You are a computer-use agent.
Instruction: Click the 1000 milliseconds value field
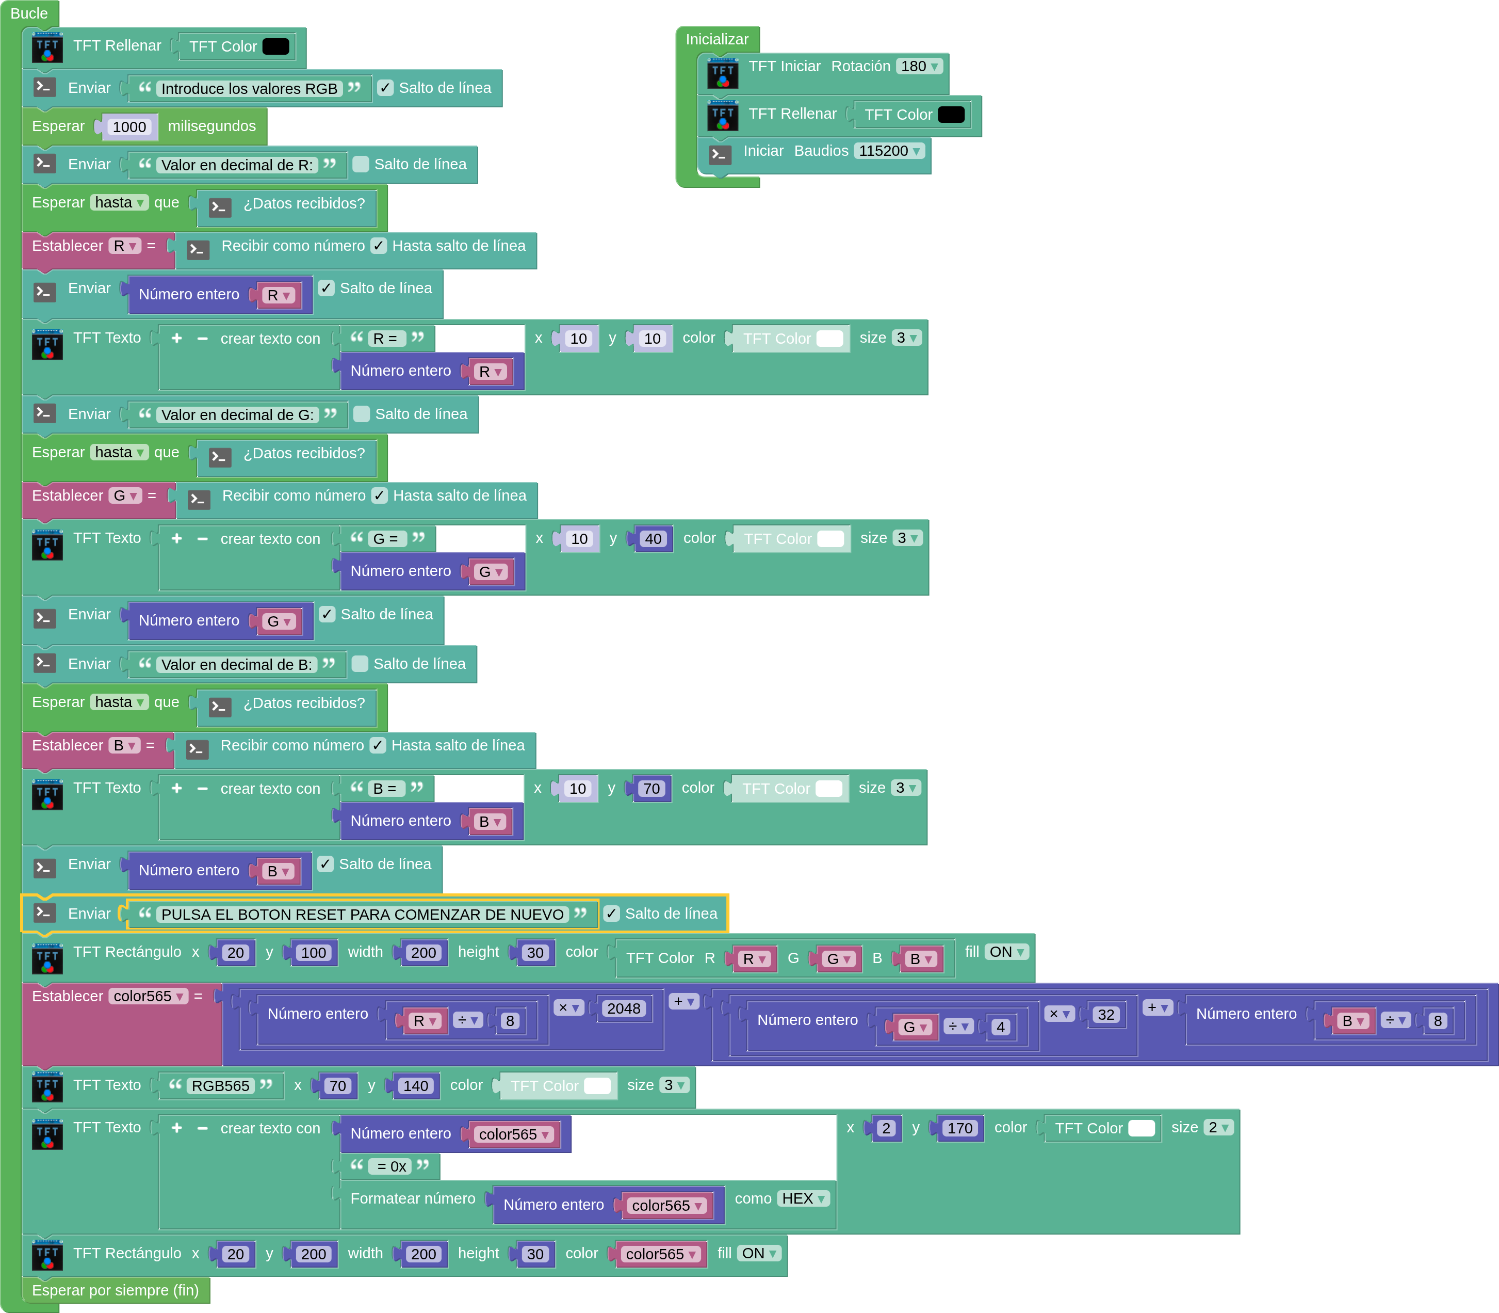click(129, 127)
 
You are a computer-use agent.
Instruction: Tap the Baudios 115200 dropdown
click(889, 151)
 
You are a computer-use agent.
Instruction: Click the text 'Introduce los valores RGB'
click(249, 89)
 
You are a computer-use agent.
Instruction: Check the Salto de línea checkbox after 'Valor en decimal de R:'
click(360, 164)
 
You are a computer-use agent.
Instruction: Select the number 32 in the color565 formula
click(1105, 1015)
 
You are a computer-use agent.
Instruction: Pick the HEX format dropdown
click(803, 1199)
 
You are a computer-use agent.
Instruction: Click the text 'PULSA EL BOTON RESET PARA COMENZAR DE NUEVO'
click(363, 915)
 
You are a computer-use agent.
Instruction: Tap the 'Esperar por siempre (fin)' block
click(115, 1290)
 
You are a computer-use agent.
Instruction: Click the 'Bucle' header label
click(29, 13)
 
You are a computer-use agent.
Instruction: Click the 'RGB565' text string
click(220, 1086)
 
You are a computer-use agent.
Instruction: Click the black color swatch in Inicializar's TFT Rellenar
click(951, 114)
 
